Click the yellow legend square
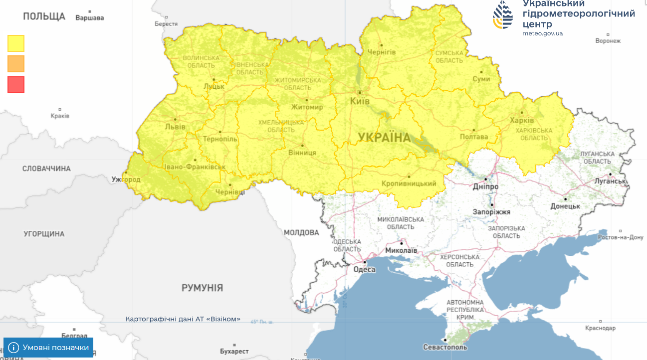click(x=16, y=43)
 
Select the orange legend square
click(x=16, y=64)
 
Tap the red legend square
click(x=16, y=84)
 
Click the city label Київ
click(x=360, y=101)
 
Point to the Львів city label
click(x=175, y=127)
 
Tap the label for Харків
click(x=522, y=120)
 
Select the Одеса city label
click(x=364, y=270)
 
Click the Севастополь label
click(x=445, y=347)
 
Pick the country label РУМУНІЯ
click(x=202, y=288)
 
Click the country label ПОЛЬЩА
click(x=44, y=16)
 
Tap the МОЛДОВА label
click(x=301, y=232)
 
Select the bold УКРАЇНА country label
click(x=384, y=138)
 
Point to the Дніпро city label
click(x=485, y=186)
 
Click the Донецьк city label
click(x=565, y=206)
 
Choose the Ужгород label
click(x=126, y=180)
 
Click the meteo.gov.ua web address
click(x=543, y=33)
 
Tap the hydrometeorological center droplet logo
click(x=503, y=15)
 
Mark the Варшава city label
click(x=90, y=18)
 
